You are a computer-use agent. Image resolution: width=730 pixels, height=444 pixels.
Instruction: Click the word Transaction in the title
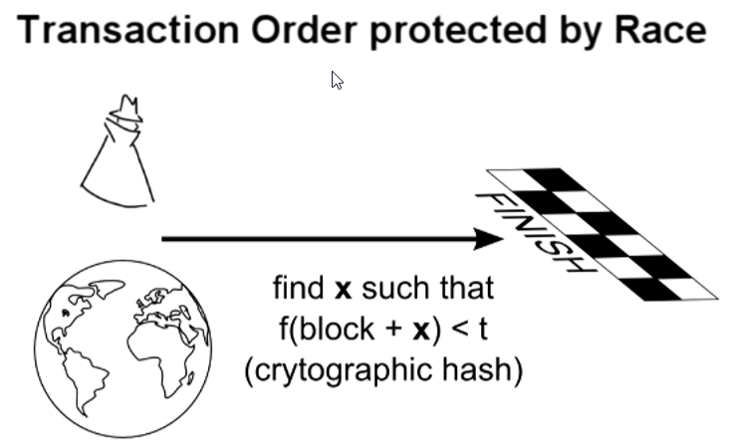pyautogui.click(x=128, y=30)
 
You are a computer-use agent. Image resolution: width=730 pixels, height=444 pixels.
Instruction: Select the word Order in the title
pyautogui.click(x=304, y=30)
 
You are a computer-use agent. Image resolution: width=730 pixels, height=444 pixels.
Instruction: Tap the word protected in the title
pyautogui.click(x=458, y=32)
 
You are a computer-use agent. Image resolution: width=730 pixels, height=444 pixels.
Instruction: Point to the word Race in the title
pyautogui.click(x=660, y=30)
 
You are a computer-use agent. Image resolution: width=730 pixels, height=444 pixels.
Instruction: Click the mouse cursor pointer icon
pyautogui.click(x=337, y=80)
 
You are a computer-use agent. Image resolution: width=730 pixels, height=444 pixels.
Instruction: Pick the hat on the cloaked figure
pyautogui.click(x=125, y=109)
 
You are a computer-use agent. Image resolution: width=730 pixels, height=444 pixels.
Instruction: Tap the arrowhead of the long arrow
pyautogui.click(x=488, y=239)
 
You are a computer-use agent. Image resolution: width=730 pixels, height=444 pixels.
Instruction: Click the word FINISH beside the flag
pyautogui.click(x=536, y=232)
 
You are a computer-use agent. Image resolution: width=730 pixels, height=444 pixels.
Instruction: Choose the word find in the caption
pyautogui.click(x=298, y=288)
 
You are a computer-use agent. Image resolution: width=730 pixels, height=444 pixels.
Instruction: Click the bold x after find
pyautogui.click(x=343, y=291)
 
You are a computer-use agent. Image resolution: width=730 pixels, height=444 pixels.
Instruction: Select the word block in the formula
pyautogui.click(x=337, y=329)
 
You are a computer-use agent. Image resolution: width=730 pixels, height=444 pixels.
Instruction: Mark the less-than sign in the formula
pyautogui.click(x=460, y=330)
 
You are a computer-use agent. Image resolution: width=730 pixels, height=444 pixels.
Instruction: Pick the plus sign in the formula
pyautogui.click(x=393, y=330)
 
